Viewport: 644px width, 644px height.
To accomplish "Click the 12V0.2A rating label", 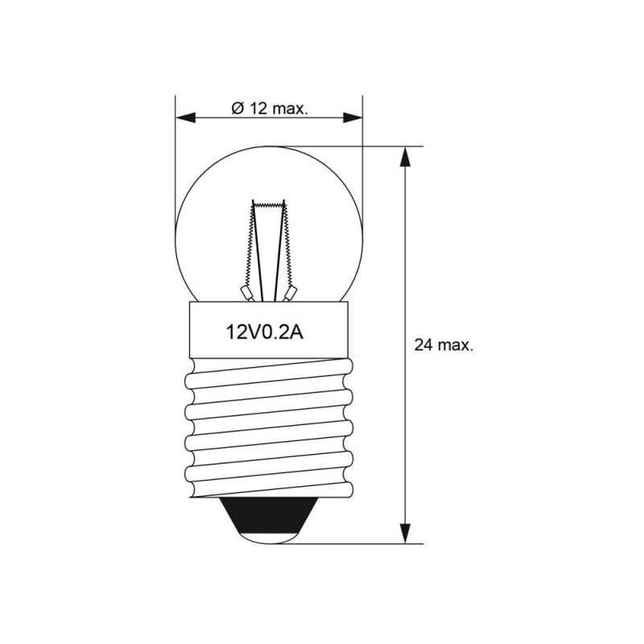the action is tap(265, 332).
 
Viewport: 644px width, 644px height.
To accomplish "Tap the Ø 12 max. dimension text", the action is tap(270, 109).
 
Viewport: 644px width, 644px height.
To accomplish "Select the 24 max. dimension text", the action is tap(444, 345).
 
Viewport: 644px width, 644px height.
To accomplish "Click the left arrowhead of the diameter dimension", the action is tap(185, 118).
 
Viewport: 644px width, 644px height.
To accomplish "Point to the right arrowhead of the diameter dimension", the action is tap(353, 118).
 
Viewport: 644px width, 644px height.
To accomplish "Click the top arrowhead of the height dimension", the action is tap(406, 156).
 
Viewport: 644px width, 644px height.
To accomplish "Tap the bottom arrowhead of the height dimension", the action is tap(406, 533).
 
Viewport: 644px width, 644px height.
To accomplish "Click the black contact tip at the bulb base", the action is tap(269, 518).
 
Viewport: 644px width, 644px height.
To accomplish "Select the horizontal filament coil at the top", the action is tap(269, 204).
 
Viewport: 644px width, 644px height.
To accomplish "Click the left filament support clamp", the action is tap(246, 293).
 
